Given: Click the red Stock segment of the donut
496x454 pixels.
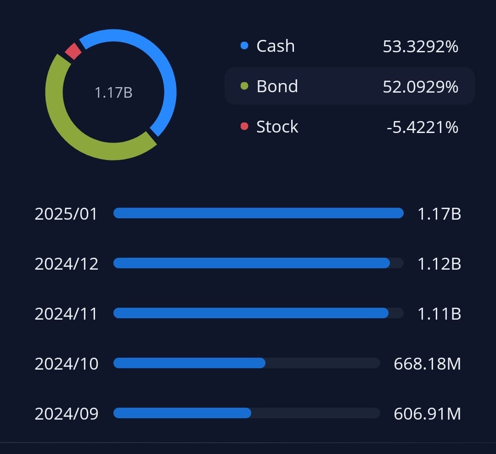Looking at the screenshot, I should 73,51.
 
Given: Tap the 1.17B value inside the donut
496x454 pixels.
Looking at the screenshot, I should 113,93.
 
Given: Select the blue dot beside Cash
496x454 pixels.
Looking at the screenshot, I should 244,45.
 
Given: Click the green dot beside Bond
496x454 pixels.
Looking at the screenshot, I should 244,86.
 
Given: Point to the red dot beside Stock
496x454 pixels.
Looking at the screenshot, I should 244,126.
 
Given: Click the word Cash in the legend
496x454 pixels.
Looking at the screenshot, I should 275,46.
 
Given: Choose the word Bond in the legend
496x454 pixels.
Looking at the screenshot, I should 277,86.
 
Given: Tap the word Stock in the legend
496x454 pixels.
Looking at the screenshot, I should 277,127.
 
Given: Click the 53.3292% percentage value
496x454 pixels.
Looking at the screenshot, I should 420,46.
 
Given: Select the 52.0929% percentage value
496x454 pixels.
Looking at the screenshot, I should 420,87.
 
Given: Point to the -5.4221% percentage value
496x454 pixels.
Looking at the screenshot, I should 422,127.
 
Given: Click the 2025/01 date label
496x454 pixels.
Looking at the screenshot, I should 66,214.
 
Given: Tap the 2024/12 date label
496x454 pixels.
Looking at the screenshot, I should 66,264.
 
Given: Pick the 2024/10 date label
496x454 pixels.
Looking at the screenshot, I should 66,364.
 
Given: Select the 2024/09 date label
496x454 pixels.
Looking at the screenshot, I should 66,414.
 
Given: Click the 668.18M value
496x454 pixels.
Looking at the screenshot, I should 427,364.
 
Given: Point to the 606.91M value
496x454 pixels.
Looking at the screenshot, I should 427,414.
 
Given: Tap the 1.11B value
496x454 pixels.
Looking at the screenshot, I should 439,314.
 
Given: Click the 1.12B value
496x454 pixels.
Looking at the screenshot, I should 439,264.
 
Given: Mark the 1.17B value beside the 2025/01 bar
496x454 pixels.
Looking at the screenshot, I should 439,214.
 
